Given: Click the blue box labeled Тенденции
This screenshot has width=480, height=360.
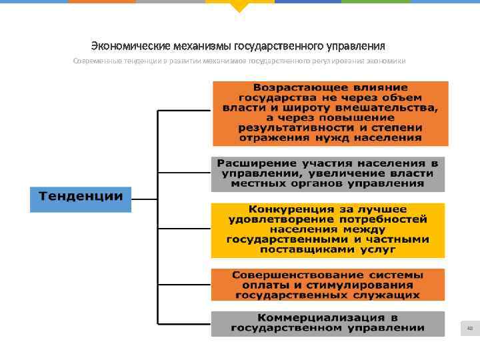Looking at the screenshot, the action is click(x=81, y=197).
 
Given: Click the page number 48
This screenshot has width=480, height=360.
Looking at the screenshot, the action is click(x=469, y=328).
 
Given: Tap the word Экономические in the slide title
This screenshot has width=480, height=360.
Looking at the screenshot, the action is click(x=124, y=46).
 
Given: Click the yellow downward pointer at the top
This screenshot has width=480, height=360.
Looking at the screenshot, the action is click(x=239, y=7).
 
